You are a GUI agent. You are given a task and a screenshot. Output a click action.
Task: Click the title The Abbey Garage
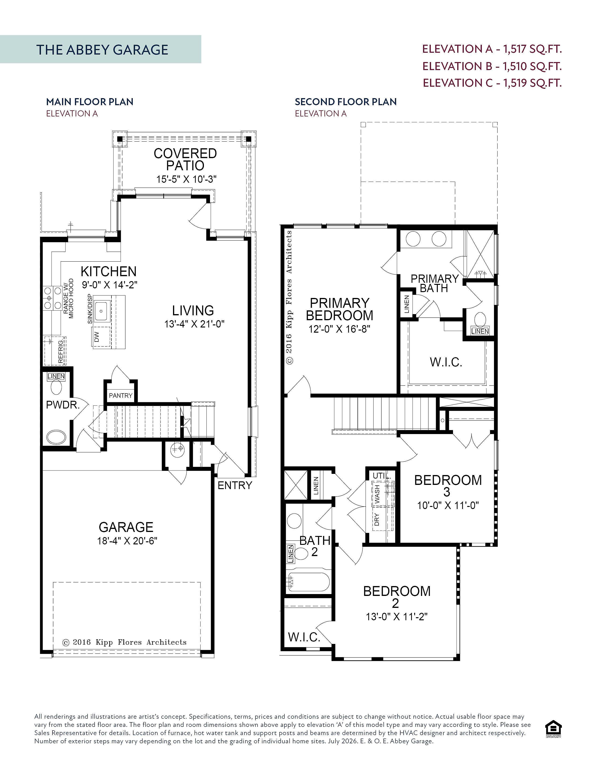click(102, 50)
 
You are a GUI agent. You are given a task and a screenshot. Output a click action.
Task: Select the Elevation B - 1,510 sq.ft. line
click(492, 66)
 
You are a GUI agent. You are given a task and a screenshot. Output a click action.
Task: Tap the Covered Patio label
click(185, 159)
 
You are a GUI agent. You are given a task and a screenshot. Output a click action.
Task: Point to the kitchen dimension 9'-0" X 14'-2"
click(110, 285)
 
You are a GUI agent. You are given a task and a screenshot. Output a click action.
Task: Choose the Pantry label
click(121, 395)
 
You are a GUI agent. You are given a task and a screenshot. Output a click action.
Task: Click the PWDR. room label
click(63, 405)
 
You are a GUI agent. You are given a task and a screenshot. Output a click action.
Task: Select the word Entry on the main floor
click(235, 485)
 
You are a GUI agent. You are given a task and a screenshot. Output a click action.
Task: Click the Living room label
click(193, 310)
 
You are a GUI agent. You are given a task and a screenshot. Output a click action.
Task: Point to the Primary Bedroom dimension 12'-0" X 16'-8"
click(339, 329)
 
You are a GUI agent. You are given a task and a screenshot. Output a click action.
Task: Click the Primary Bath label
click(435, 283)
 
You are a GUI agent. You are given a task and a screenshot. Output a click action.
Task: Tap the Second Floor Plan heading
click(346, 102)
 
